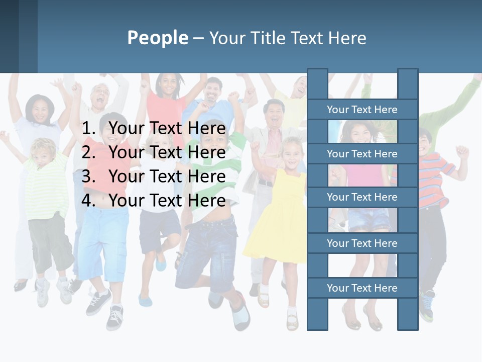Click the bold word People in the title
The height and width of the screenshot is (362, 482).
point(157,38)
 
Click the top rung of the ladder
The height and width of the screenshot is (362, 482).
point(362,110)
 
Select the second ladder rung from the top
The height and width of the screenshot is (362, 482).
point(362,154)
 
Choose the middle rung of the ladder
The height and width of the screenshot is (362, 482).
point(362,197)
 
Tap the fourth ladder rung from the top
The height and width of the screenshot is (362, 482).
point(362,243)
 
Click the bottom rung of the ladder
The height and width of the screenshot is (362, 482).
point(362,288)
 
